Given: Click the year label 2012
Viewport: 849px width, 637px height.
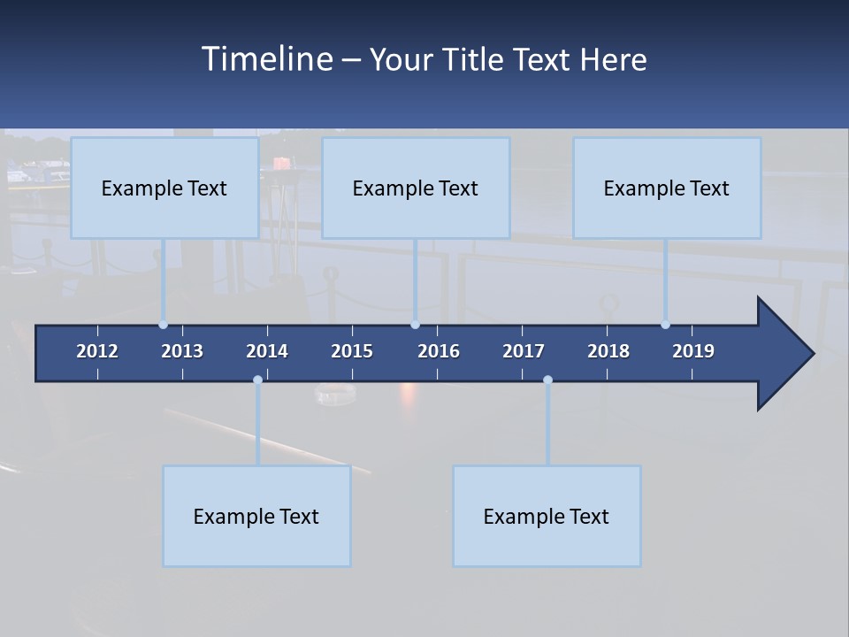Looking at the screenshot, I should pos(97,351).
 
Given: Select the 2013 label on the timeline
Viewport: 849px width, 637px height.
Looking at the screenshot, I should pos(182,351).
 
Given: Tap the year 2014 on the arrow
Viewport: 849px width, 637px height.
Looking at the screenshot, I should pos(267,351).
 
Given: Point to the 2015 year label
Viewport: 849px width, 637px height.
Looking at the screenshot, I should pos(352,351).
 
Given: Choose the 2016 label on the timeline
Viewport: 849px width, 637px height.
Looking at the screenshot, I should pos(439,351).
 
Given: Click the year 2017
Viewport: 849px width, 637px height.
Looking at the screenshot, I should pos(524,351).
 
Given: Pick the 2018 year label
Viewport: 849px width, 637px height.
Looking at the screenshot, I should pos(608,351).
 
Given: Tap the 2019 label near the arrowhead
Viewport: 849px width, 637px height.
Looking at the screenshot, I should pos(693,351).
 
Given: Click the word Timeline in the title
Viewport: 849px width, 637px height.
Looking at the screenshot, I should pos(265,59).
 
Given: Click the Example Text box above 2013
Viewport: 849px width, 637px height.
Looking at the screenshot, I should pos(164,188).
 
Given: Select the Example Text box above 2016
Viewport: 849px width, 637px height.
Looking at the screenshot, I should pos(416,188).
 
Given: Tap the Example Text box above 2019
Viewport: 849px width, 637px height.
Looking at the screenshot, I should pos(667,188).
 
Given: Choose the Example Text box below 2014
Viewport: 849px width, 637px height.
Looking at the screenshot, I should pos(256,516).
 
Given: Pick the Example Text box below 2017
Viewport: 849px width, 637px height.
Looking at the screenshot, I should pos(547,516).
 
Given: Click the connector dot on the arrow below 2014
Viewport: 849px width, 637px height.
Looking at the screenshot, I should pos(257,380).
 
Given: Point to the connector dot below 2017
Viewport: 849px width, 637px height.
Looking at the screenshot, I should pos(547,380).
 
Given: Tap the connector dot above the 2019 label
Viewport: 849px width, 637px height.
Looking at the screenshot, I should pos(665,325).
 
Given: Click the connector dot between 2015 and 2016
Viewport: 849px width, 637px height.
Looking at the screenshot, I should pos(415,325).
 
